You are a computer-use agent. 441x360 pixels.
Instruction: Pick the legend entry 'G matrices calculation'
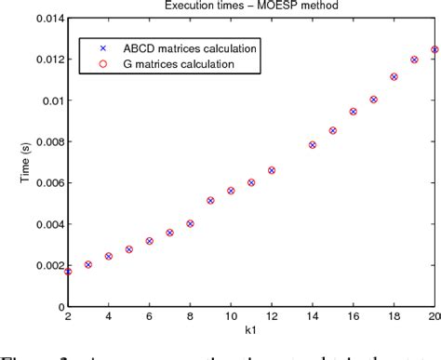[x=166, y=64]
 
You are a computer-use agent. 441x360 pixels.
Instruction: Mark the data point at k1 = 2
[x=68, y=272]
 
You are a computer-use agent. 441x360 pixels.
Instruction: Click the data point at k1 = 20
[x=434, y=49]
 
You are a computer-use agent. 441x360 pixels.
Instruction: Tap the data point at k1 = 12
[x=272, y=170]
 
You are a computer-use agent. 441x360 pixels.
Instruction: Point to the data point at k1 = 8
[x=190, y=223]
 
